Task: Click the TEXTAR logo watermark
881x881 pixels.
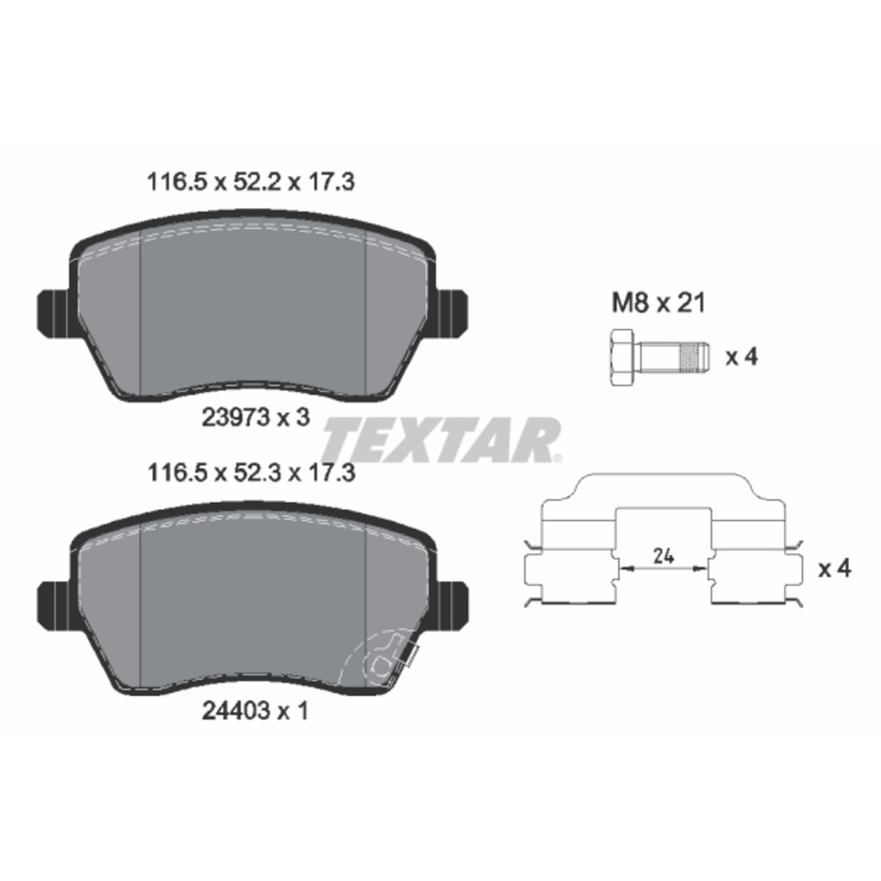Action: click(442, 440)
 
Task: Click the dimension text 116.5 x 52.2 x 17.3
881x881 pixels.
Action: click(250, 183)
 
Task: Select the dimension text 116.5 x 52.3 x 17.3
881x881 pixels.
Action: click(251, 473)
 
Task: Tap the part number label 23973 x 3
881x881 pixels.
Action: click(256, 418)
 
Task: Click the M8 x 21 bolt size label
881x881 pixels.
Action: click(659, 303)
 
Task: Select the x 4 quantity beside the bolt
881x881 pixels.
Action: click(742, 357)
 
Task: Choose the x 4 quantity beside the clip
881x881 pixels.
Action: click(835, 569)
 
